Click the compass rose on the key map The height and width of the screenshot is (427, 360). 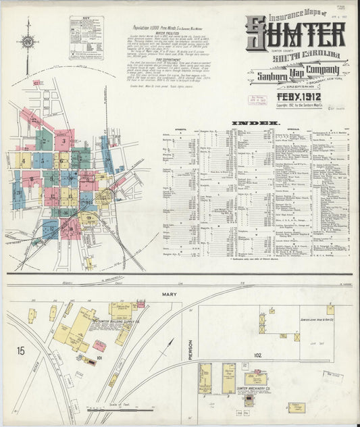28,42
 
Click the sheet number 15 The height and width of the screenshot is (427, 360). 21,350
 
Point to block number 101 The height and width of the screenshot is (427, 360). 99,357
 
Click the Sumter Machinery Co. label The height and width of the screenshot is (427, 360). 253,390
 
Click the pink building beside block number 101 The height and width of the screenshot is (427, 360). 99,345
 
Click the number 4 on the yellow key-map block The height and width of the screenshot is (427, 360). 24,162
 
